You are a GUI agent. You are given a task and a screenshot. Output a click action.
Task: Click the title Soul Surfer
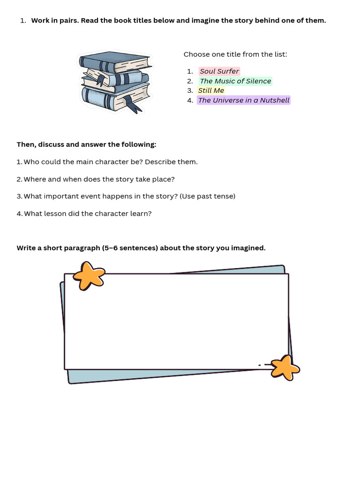[219, 71]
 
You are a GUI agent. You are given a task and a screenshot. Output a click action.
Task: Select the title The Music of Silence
[235, 81]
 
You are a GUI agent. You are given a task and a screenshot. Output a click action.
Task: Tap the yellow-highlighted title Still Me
[211, 90]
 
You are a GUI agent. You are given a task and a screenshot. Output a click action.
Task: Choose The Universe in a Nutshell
[244, 100]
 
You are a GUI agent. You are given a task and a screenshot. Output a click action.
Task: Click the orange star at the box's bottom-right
[285, 367]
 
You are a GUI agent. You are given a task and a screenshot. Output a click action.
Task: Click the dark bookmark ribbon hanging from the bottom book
[132, 104]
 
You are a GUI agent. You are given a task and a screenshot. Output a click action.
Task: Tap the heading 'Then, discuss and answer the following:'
[86, 144]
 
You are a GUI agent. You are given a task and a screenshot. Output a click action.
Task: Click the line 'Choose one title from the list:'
[235, 54]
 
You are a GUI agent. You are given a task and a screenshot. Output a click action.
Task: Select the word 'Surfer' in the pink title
[228, 71]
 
